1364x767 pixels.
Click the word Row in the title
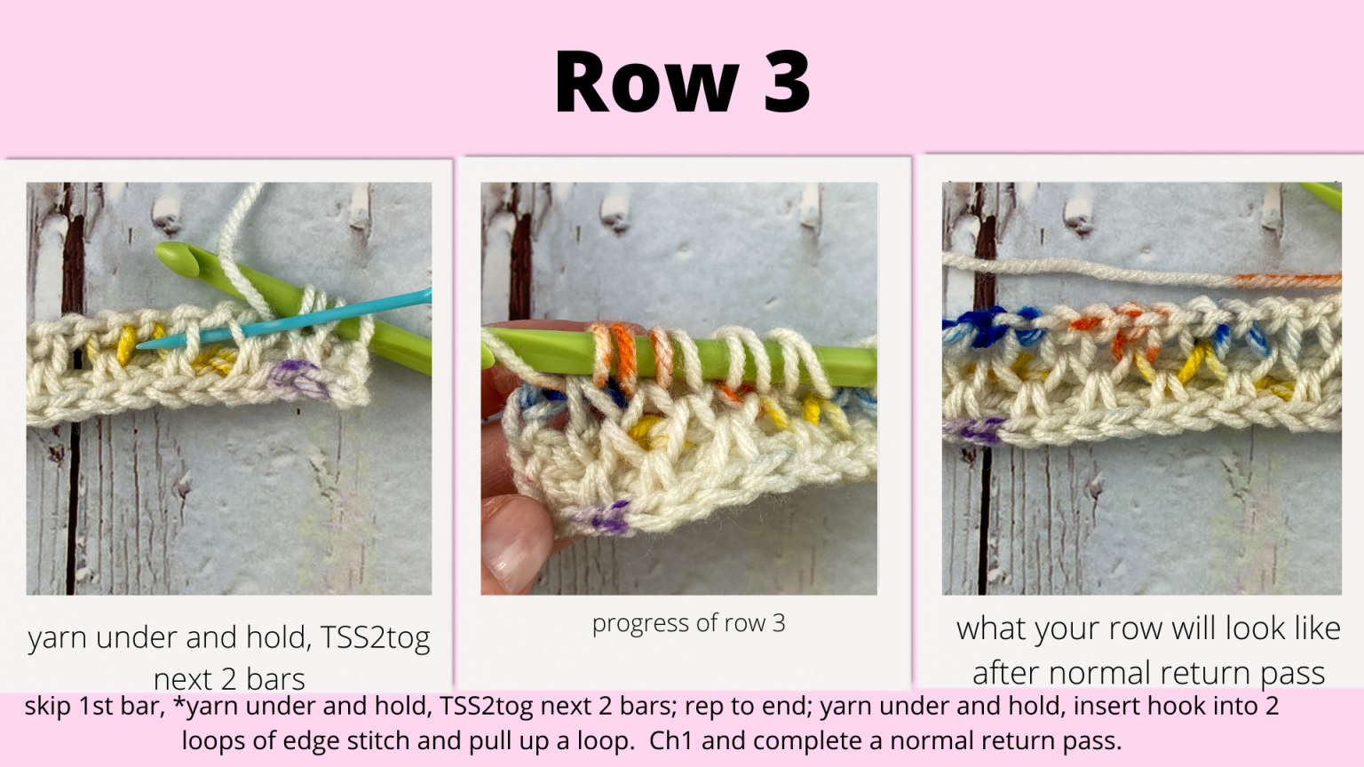tap(646, 83)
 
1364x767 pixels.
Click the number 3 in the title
tap(787, 83)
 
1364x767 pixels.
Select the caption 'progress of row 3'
tap(688, 623)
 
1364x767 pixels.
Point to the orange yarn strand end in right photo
tap(1288, 281)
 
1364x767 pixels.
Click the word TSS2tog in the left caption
tap(375, 637)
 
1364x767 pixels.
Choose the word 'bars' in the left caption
tap(275, 679)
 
